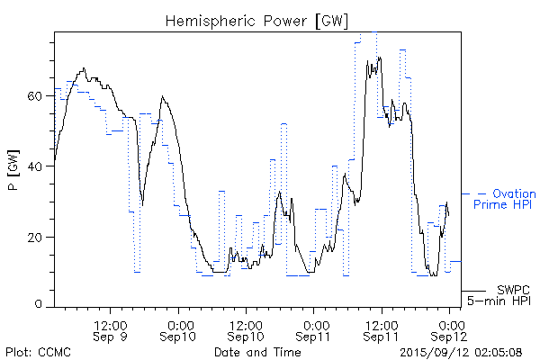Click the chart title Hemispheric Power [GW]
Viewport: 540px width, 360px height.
pyautogui.click(x=257, y=20)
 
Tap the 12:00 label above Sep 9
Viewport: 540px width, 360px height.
pyautogui.click(x=111, y=322)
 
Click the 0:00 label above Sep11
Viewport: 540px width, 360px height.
pyautogui.click(x=314, y=322)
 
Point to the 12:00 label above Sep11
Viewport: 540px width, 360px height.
pyautogui.click(x=382, y=322)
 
